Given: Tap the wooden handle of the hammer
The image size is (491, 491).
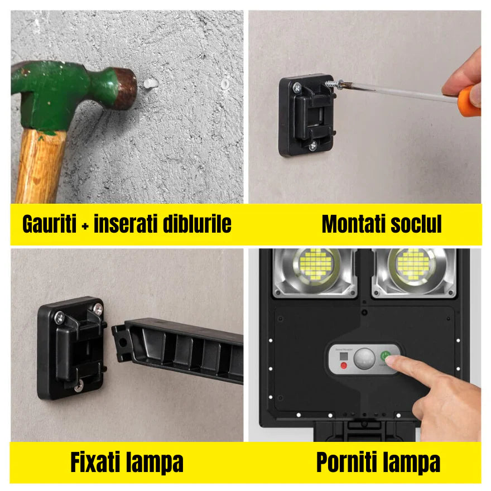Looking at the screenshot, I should click(39, 167).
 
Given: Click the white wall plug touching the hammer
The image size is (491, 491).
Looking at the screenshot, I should click(148, 83).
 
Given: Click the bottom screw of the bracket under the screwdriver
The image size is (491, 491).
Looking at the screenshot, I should click(312, 145).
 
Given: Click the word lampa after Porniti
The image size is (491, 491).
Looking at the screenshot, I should click(411, 463).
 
